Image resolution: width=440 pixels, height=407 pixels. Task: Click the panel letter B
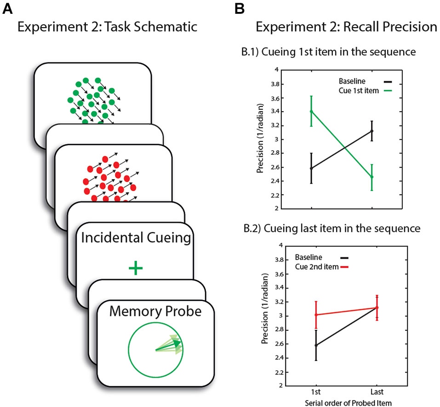point(239,8)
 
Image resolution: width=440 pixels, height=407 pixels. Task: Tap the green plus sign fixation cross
point(135,268)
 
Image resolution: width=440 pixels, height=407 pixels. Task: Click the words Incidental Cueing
point(135,238)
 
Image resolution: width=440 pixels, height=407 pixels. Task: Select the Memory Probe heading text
point(155,311)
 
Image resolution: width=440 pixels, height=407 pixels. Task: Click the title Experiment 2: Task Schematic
point(107,27)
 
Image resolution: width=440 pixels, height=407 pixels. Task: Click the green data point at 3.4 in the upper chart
point(312,111)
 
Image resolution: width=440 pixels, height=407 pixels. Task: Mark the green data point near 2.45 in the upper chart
point(371,177)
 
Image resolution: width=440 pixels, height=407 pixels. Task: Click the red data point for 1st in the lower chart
point(316,315)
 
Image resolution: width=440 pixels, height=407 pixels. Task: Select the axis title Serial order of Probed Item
point(346,402)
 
